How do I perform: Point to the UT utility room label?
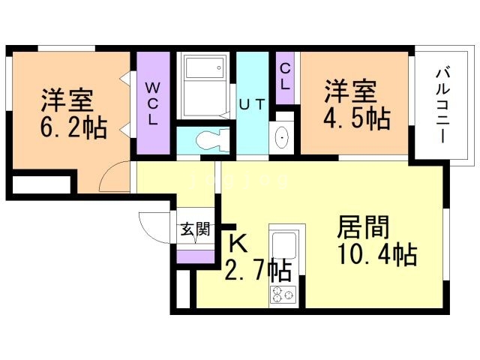click(x=252, y=104)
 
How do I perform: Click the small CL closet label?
click(x=285, y=76)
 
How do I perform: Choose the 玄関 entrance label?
click(x=194, y=230)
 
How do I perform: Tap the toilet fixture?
click(x=207, y=139)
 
